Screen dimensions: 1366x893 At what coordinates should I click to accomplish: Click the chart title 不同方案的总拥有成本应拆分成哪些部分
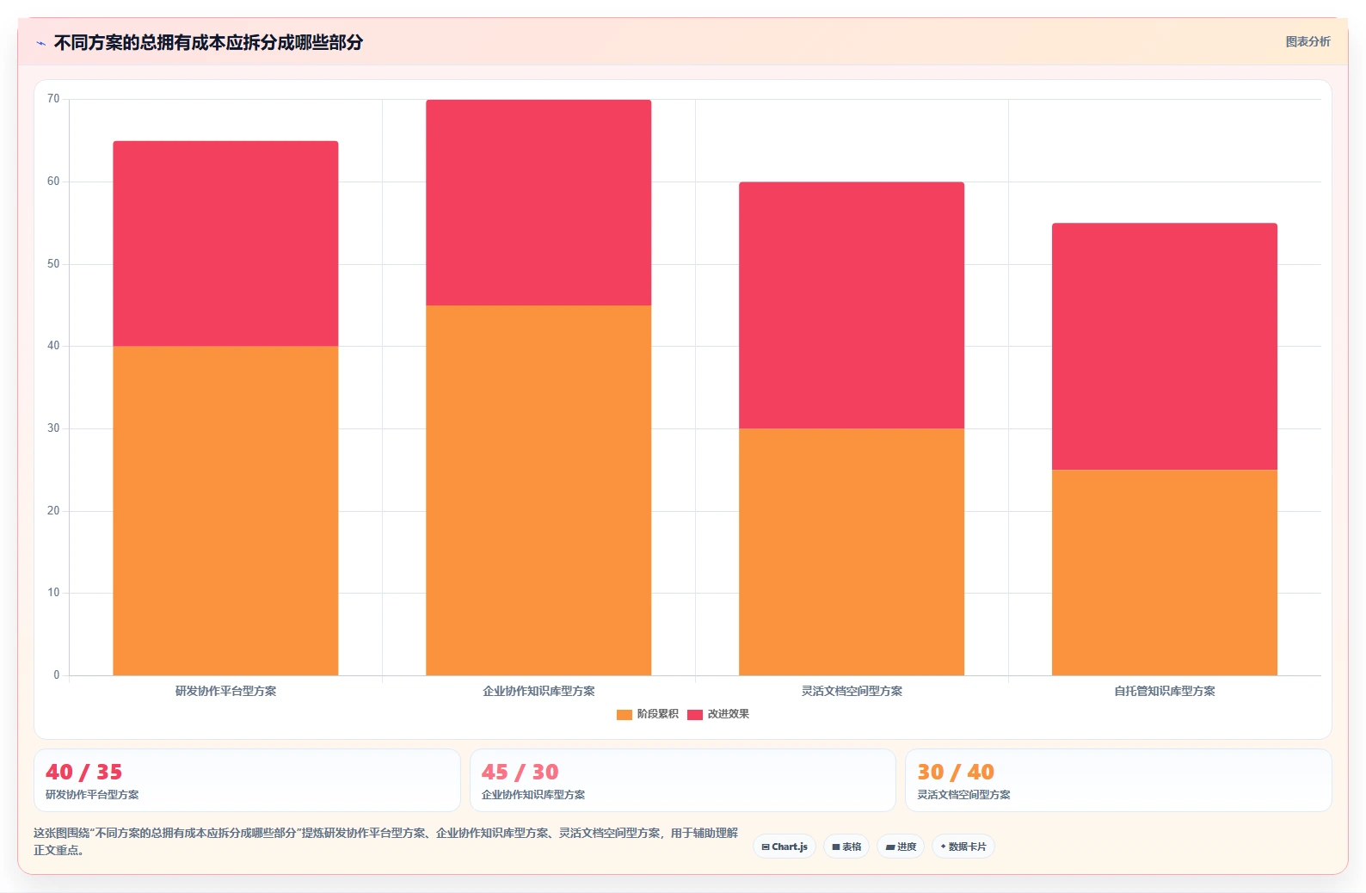tap(208, 43)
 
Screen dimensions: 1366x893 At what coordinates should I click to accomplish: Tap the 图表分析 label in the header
tap(1308, 42)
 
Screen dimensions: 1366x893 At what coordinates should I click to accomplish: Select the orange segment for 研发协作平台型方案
tap(225, 510)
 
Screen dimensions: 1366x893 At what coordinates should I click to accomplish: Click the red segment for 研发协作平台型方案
tap(225, 243)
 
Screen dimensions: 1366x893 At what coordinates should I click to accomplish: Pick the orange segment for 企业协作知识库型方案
tap(538, 490)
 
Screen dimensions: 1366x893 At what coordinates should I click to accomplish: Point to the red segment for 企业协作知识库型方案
tap(538, 202)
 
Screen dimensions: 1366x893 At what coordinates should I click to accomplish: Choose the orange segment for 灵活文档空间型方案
tap(852, 551)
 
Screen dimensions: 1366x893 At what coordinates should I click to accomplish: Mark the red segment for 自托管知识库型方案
tap(1164, 347)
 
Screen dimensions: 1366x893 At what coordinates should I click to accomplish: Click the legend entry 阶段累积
tap(648, 714)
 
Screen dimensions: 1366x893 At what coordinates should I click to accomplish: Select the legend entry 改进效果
tap(718, 714)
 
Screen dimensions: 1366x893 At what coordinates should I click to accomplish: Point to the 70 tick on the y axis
tap(53, 99)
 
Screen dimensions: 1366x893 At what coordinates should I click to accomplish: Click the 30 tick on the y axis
tap(53, 428)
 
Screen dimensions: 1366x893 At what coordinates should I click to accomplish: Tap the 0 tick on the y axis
tap(57, 674)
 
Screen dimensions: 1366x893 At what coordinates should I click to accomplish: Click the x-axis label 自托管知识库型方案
tap(1164, 691)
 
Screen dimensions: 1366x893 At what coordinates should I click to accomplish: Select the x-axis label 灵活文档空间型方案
tap(852, 691)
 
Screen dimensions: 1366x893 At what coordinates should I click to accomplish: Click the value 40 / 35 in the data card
tap(84, 773)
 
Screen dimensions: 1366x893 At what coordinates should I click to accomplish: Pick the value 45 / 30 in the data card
tap(520, 773)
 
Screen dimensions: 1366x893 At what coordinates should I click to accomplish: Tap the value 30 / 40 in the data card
tap(956, 773)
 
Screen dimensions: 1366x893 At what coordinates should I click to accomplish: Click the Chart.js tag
tap(785, 847)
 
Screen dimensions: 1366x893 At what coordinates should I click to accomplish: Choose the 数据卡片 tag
tap(963, 847)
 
